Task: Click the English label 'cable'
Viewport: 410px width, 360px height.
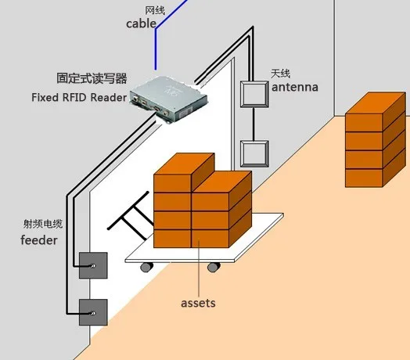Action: [141, 23]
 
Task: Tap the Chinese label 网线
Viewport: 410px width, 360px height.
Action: [155, 11]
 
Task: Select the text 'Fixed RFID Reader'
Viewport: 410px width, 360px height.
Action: [79, 98]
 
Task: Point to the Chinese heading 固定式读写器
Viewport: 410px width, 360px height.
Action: [92, 78]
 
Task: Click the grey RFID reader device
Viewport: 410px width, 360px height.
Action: [169, 99]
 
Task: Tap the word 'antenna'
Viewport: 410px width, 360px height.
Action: [295, 87]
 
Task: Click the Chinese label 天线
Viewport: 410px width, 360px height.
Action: [281, 74]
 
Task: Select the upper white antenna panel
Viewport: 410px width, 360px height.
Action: [254, 94]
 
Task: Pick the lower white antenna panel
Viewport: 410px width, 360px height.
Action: [254, 154]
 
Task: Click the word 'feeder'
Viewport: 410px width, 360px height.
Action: [39, 240]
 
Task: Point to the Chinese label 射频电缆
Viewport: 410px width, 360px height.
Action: [43, 224]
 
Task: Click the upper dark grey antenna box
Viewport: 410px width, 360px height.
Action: [93, 265]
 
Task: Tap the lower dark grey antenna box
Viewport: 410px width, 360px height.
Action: [93, 312]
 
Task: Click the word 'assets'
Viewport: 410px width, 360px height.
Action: [198, 303]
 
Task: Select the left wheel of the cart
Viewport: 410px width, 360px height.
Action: [146, 267]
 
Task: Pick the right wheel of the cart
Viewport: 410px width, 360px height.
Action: [214, 267]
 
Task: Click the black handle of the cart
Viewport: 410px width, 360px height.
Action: [131, 217]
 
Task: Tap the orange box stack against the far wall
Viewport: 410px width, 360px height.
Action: [376, 139]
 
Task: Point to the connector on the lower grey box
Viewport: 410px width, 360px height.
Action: [93, 313]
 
